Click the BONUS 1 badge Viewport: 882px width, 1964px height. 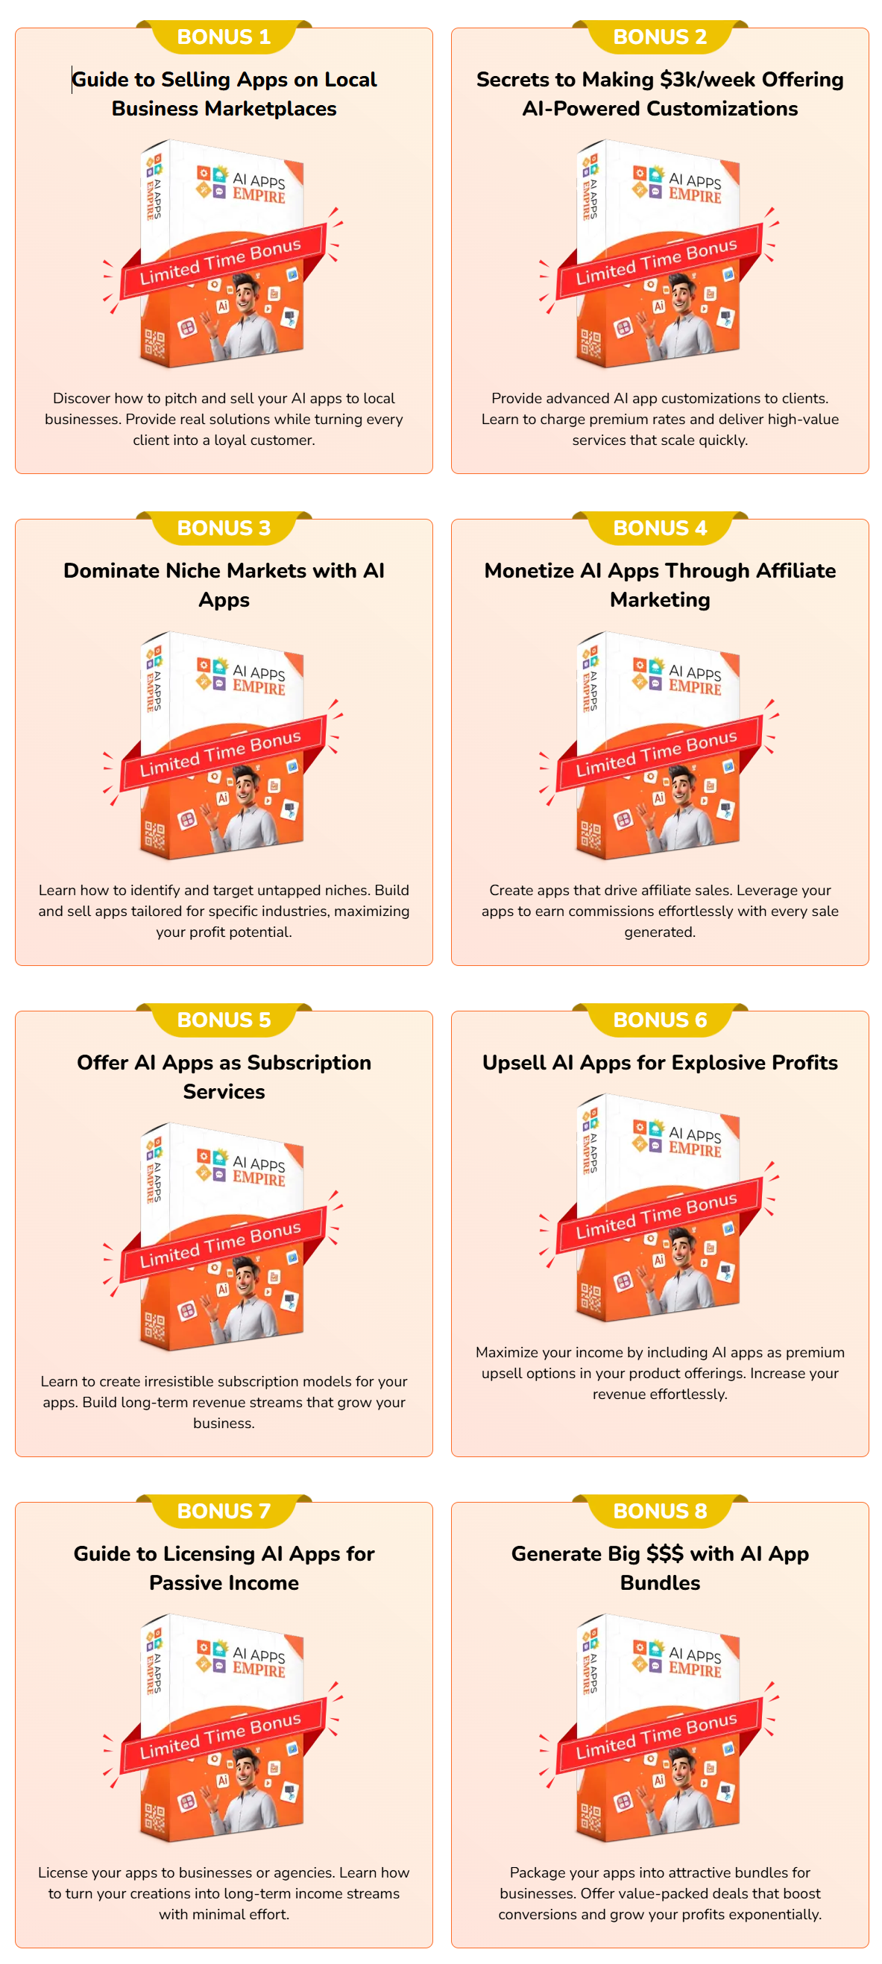tap(224, 37)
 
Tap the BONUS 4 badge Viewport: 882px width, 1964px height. tap(659, 528)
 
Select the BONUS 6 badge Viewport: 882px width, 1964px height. tap(659, 1020)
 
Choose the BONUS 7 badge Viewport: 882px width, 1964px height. tap(224, 1510)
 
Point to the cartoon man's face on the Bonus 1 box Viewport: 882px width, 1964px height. tap(245, 292)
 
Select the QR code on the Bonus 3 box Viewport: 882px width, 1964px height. tap(154, 835)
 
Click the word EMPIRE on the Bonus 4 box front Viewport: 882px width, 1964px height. tap(694, 688)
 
